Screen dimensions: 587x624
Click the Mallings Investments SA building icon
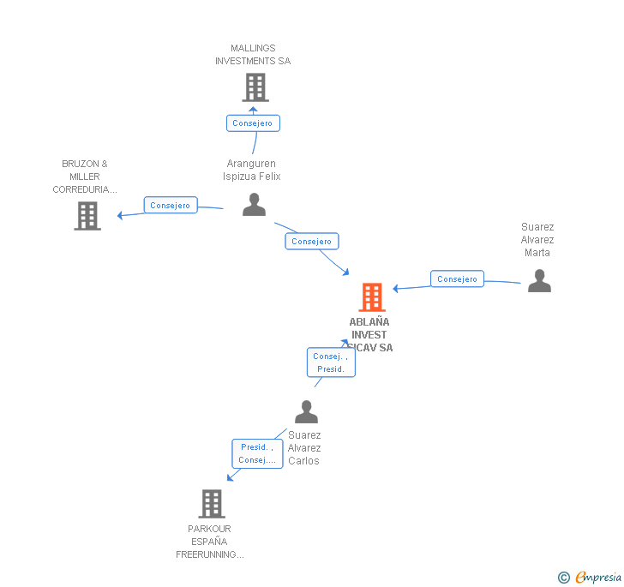(255, 87)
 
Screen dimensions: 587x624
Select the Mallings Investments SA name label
(253, 55)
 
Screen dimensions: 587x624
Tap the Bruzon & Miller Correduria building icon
(87, 216)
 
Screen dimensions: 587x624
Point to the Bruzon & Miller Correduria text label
(85, 177)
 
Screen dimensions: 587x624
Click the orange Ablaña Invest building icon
(371, 297)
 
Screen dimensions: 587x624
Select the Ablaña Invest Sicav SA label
(369, 335)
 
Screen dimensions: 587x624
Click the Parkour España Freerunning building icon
(211, 504)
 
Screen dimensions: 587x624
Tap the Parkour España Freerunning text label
(210, 542)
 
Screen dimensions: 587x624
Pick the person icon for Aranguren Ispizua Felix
(254, 205)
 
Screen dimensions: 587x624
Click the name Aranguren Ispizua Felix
(252, 170)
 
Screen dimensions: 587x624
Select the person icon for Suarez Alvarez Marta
(539, 281)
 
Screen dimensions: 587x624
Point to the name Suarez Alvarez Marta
(537, 240)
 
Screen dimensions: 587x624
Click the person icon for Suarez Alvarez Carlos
(306, 412)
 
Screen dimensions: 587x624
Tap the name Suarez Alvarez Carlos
(304, 448)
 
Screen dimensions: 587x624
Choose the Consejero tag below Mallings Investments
(253, 123)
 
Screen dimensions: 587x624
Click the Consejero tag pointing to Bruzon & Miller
(171, 206)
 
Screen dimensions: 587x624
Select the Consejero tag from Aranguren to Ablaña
(311, 242)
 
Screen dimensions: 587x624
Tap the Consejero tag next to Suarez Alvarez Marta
(457, 279)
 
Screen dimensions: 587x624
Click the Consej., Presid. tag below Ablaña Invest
(331, 362)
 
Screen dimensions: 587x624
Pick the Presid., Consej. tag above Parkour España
(257, 453)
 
